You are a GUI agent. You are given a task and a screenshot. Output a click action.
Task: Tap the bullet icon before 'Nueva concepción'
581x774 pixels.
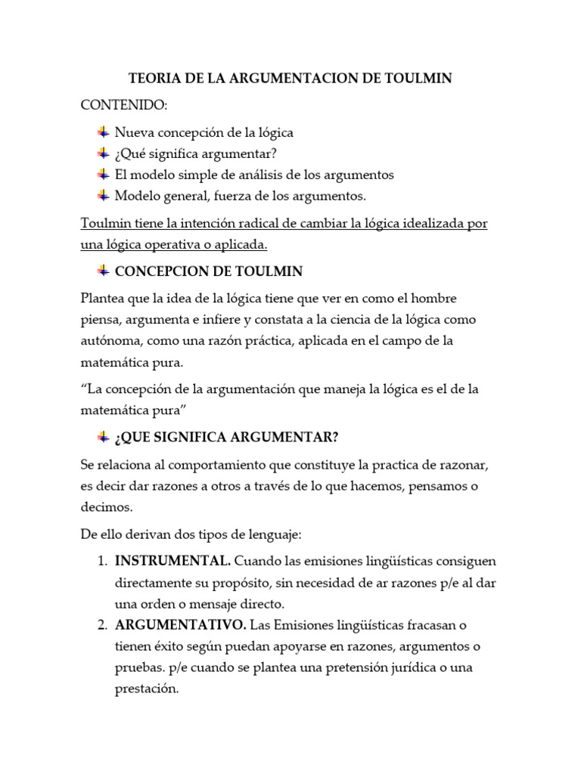[103, 132]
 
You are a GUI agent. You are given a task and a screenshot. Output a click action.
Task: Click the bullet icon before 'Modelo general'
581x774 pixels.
[103, 195]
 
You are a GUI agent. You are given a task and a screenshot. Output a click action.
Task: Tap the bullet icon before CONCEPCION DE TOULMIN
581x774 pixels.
[103, 271]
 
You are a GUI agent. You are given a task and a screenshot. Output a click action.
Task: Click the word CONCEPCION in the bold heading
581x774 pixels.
[157, 271]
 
